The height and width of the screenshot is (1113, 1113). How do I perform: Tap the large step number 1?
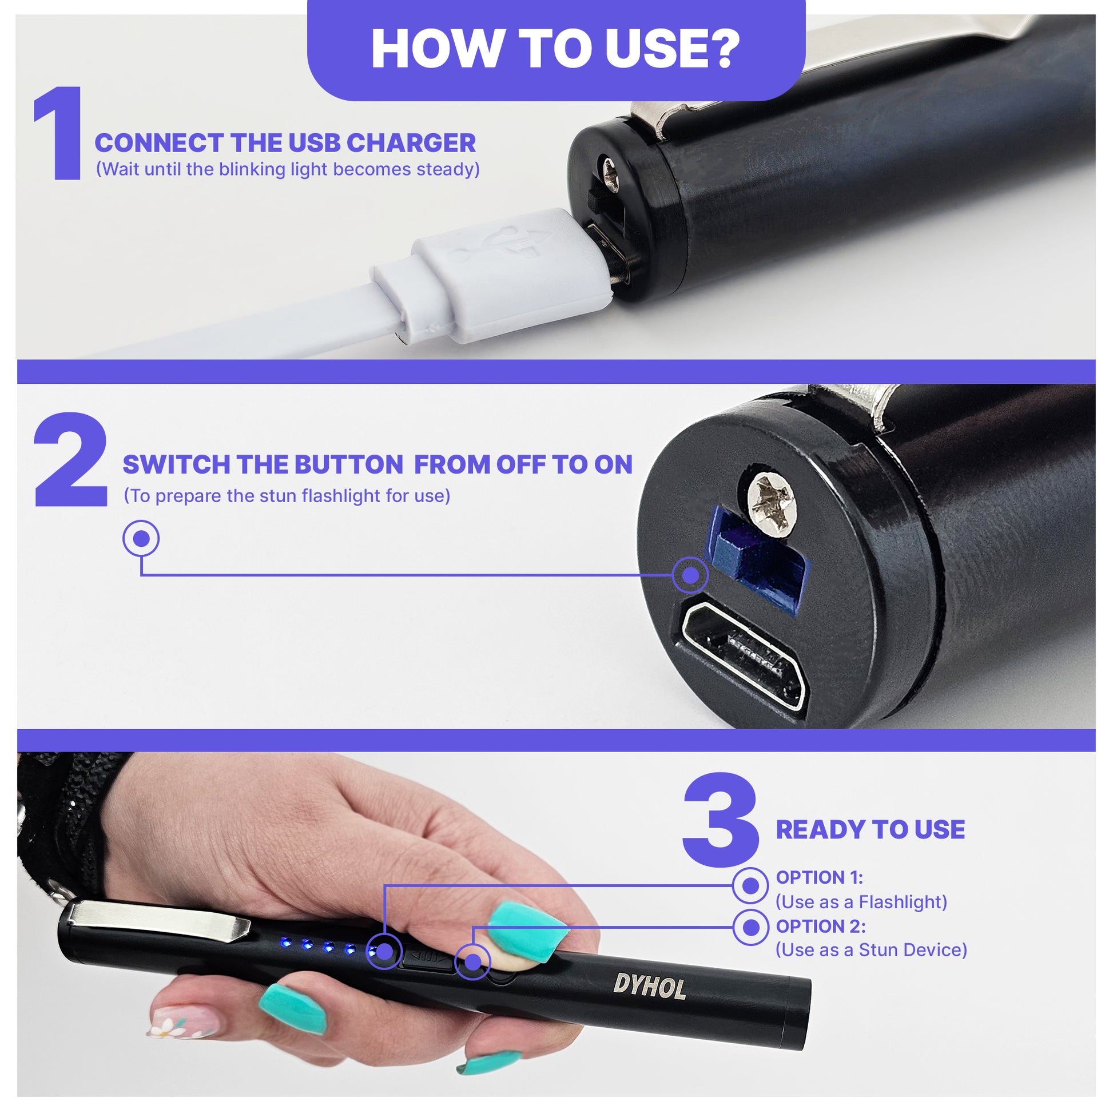coord(59,133)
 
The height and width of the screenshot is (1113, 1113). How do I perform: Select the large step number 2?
coord(71,459)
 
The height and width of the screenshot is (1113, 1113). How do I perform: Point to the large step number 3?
coord(721,820)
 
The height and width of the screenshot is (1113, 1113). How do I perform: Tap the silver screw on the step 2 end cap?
coord(771,504)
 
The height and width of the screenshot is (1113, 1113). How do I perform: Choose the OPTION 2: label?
coord(820,927)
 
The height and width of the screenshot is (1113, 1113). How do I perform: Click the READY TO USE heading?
coord(870,829)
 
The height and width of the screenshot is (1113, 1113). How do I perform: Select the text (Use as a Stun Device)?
coord(870,950)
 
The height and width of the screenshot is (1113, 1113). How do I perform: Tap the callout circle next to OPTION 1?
coord(750,885)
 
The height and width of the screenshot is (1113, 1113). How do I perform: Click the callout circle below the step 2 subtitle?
coord(141,538)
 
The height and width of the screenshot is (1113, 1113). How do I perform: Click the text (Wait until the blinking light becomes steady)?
coord(288,169)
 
